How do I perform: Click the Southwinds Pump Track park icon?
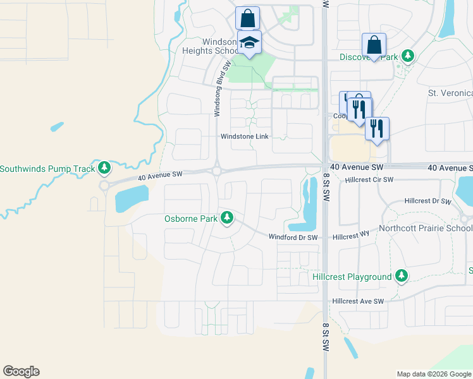tap(105, 168)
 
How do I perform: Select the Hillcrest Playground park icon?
tap(401, 276)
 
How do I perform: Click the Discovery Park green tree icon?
tap(408, 57)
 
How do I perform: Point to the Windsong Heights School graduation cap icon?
tap(249, 43)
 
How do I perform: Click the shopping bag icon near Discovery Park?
tap(374, 45)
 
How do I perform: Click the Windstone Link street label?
tap(245, 136)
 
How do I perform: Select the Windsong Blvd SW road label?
tap(219, 89)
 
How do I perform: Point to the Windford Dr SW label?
tap(292, 237)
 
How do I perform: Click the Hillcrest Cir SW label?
tap(369, 180)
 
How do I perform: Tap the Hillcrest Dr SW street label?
tap(427, 201)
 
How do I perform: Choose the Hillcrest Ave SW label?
tap(359, 301)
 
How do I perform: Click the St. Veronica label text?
tap(450, 93)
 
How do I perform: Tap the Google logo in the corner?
tap(21, 371)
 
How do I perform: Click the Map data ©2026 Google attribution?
tap(433, 374)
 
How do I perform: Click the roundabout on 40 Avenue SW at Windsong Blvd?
tap(216, 171)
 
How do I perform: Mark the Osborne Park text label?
tap(191, 219)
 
